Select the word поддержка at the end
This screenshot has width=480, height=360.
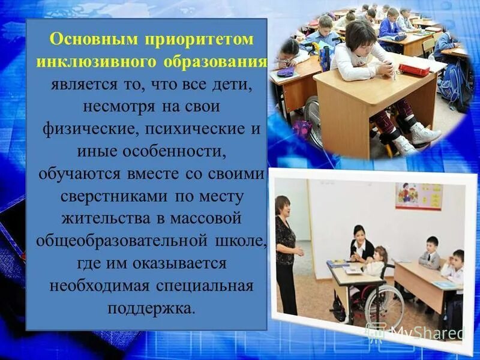[151, 309]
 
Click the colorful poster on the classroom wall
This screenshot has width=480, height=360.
[418, 196]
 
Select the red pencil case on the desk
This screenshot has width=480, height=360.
[415, 70]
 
